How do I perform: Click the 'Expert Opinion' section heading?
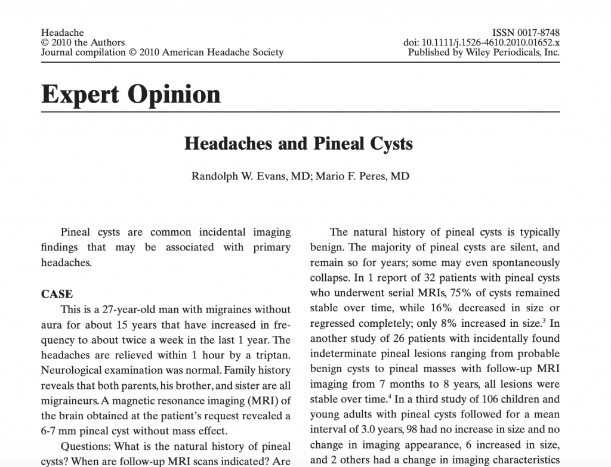pyautogui.click(x=131, y=94)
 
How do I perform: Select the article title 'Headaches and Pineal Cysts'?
pyautogui.click(x=298, y=144)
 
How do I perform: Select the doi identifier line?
pyautogui.click(x=482, y=42)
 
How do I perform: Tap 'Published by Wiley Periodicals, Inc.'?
pyautogui.click(x=483, y=52)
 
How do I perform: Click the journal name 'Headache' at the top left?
pyautogui.click(x=63, y=32)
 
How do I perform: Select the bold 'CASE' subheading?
pyautogui.click(x=57, y=294)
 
